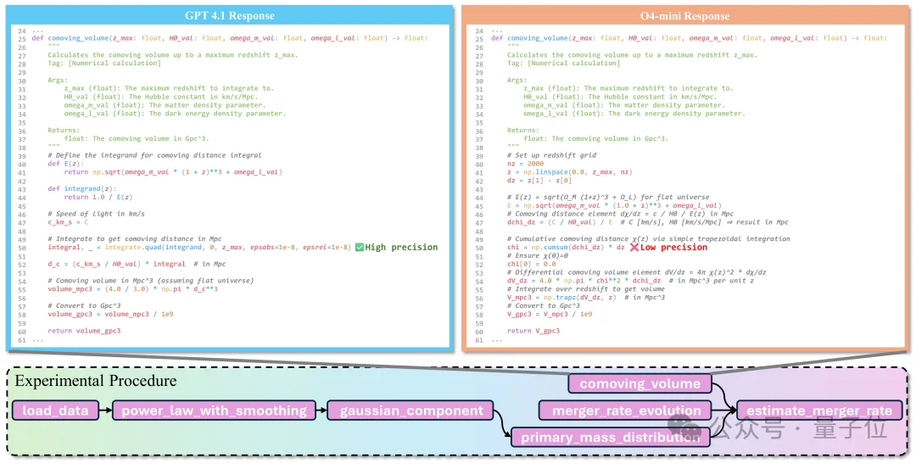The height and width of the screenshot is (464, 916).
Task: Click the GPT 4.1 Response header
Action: [230, 15]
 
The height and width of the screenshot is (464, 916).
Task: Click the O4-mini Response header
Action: [686, 15]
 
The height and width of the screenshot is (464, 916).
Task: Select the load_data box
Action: [56, 411]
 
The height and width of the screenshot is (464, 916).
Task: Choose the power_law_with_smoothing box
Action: [214, 411]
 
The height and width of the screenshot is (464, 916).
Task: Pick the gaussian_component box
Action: [411, 411]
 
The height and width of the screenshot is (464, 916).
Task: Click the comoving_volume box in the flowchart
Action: [640, 383]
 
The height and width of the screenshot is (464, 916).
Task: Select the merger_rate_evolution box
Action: [627, 411]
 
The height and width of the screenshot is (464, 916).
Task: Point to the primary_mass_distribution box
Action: [611, 438]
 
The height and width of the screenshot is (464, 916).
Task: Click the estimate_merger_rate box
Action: [819, 411]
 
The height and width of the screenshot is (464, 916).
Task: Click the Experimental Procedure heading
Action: [96, 381]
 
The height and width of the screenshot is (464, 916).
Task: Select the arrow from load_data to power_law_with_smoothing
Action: [103, 411]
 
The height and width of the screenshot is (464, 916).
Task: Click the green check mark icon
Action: [360, 247]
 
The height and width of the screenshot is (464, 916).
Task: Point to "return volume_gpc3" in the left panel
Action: [84, 331]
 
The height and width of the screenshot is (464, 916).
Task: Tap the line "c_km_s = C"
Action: [69, 222]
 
